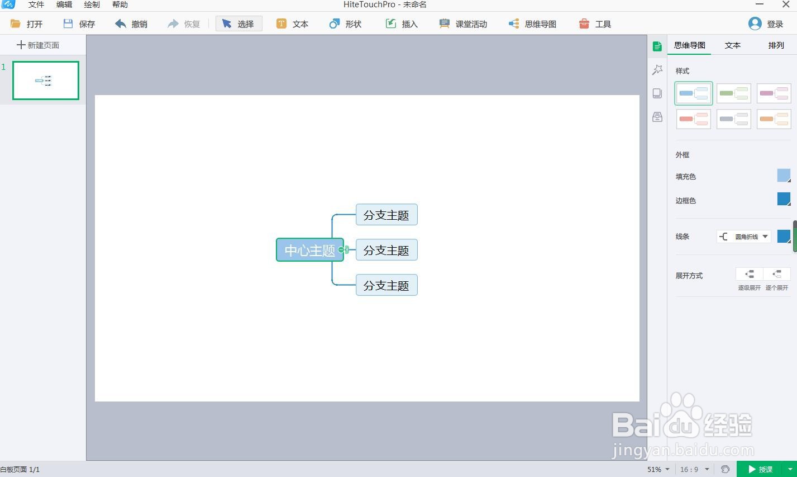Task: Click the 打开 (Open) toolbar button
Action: coord(27,24)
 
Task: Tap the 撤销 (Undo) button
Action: coord(131,24)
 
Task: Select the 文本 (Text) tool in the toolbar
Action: coord(293,24)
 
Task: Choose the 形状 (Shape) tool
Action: coord(346,24)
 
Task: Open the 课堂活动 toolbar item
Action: coord(463,24)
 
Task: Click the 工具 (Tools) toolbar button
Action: coord(595,24)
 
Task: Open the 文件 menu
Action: coord(36,4)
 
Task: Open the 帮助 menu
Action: coord(120,4)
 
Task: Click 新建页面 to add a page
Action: coord(38,45)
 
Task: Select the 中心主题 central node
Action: coord(309,250)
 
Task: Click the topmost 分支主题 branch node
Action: coord(386,215)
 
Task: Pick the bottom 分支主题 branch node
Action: coord(386,286)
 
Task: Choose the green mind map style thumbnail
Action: coord(733,93)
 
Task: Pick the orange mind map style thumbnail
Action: coord(774,119)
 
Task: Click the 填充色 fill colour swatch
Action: coord(784,176)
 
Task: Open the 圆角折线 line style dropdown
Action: coord(744,237)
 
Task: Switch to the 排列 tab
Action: coord(776,45)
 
